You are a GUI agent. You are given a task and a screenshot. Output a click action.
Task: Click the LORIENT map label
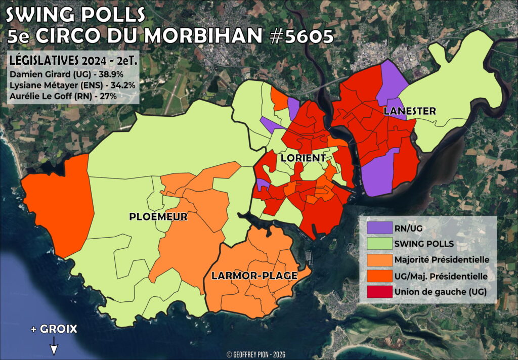pyautogui.click(x=303, y=158)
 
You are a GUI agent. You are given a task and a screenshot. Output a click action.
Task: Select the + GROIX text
pyautogui.click(x=54, y=329)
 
